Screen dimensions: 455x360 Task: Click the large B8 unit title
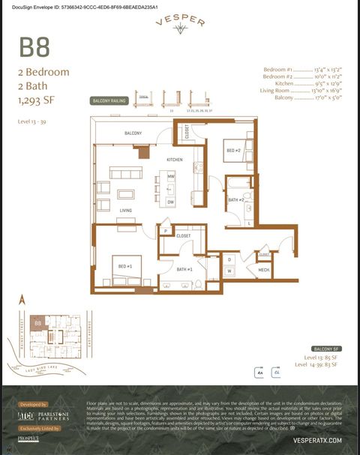click(x=34, y=47)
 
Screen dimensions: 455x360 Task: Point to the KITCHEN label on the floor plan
click(x=175, y=160)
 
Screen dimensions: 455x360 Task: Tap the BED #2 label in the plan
click(x=233, y=151)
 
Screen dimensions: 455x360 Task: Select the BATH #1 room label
click(x=184, y=269)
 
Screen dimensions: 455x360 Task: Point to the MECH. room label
click(x=264, y=269)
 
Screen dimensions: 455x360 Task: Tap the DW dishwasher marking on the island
click(x=171, y=202)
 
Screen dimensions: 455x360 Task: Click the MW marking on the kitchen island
click(x=171, y=176)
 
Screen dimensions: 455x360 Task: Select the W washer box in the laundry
click(x=229, y=271)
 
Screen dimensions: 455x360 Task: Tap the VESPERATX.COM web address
click(x=318, y=440)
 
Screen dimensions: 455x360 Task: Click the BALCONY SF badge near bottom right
click(x=326, y=349)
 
